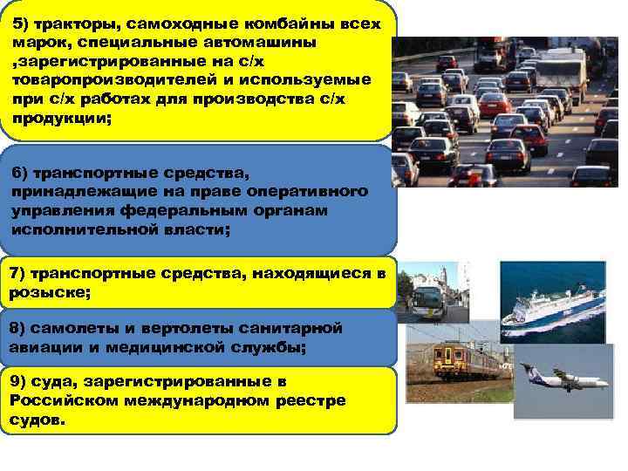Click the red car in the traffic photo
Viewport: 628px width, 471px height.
(x=495, y=105)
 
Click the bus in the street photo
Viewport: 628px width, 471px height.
(x=428, y=296)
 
